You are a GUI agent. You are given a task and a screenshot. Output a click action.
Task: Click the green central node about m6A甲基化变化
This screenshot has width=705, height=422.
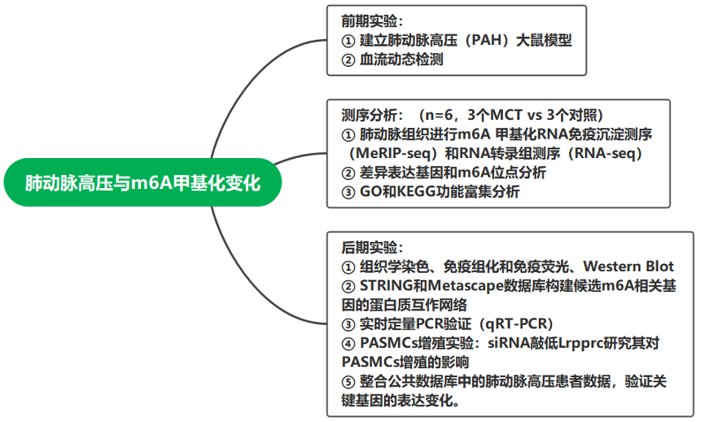[142, 182]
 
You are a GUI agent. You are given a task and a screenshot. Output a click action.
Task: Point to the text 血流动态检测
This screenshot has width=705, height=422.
[401, 59]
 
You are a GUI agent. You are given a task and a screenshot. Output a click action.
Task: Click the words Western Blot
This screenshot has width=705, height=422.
[628, 266]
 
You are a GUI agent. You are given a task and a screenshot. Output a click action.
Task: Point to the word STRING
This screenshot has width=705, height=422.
[386, 286]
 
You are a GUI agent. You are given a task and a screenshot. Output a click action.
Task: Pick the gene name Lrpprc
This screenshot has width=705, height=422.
[580, 343]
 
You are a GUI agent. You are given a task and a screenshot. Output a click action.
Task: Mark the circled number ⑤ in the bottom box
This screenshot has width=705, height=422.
[348, 382]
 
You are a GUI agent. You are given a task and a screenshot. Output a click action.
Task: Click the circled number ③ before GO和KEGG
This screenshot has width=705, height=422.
[348, 192]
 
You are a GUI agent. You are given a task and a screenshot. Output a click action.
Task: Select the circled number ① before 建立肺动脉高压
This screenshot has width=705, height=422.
[348, 41]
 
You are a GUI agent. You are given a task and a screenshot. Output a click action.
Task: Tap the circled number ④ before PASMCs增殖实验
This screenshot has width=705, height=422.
[348, 344]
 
